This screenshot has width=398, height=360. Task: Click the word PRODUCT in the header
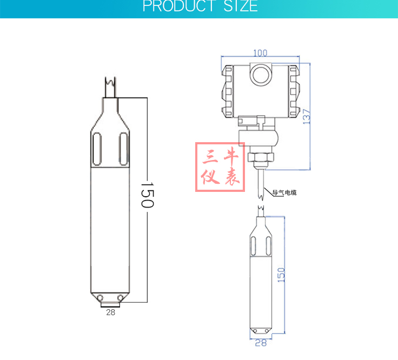pyautogui.click(x=179, y=5)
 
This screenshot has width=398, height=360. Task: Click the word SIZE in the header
pyautogui.click(x=241, y=5)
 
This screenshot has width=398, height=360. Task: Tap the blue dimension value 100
pyautogui.click(x=261, y=53)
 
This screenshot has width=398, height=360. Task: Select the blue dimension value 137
pyautogui.click(x=307, y=116)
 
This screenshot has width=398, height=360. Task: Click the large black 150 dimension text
pyautogui.click(x=147, y=195)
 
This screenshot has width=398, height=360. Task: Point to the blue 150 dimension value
pyautogui.click(x=281, y=275)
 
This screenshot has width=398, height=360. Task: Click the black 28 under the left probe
pyautogui.click(x=111, y=312)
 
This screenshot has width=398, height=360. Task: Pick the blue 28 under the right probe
pyautogui.click(x=261, y=343)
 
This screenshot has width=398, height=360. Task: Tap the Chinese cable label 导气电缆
pyautogui.click(x=284, y=192)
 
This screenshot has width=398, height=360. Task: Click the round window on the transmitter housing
pyautogui.click(x=261, y=75)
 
